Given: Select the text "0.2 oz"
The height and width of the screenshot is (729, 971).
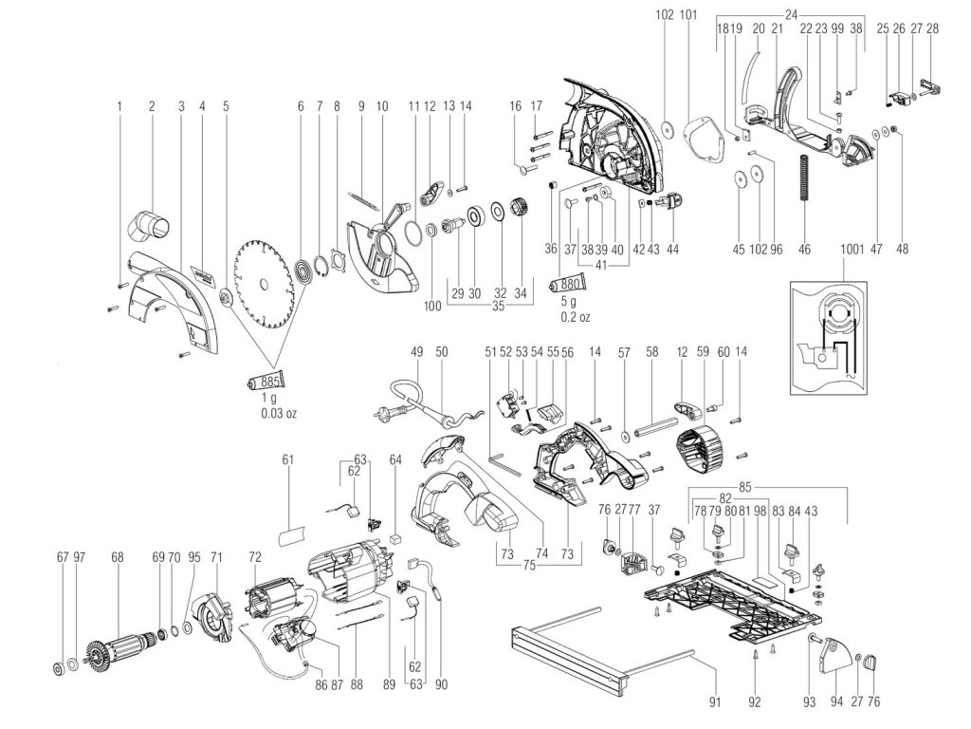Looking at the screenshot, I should click(x=575, y=317).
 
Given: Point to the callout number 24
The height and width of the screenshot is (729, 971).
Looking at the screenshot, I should click(x=791, y=12).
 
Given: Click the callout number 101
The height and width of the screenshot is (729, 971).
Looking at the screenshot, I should click(x=688, y=14).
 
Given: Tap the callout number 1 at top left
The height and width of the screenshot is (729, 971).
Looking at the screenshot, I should click(x=120, y=106).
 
